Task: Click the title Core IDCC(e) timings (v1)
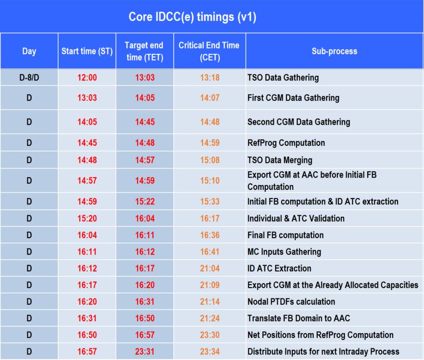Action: [192, 17]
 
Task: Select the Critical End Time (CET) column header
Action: [209, 51]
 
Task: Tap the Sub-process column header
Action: [334, 51]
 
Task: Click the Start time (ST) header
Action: [87, 51]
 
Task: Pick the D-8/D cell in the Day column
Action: [29, 77]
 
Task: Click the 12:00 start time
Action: [87, 77]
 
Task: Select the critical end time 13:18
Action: [210, 77]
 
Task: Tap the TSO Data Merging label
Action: [280, 160]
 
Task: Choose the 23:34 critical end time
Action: [210, 352]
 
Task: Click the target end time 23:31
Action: [145, 352]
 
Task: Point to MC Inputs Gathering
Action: [284, 252]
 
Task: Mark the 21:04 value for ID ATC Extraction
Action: [210, 269]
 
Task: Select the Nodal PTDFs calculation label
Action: [291, 302]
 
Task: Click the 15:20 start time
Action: [87, 219]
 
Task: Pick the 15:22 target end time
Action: [145, 202]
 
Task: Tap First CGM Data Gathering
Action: [293, 98]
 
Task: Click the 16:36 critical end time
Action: [210, 235]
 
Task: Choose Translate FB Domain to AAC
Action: [299, 318]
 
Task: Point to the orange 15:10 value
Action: [210, 181]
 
